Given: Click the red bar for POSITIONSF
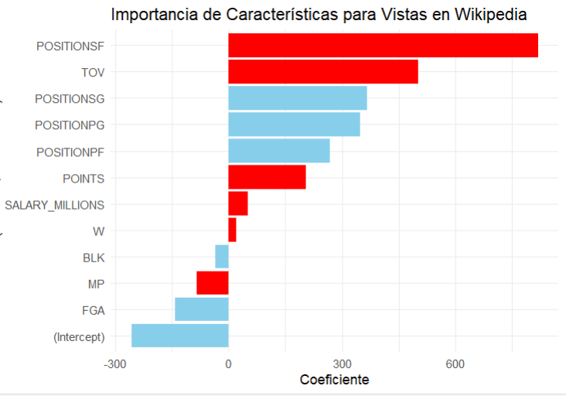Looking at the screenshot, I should [x=383, y=46].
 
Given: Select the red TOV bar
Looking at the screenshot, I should [x=323, y=72].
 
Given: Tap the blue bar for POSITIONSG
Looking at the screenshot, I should [x=298, y=98].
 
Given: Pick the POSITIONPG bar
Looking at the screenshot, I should [x=294, y=125].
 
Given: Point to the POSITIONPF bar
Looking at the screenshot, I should [x=279, y=151].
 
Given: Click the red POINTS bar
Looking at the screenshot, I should [x=267, y=177].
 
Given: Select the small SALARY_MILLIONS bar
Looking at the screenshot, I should [x=238, y=203].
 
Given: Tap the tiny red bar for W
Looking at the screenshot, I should [x=233, y=230].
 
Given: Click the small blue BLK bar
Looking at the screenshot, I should [x=222, y=257].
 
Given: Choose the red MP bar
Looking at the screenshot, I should [x=213, y=283].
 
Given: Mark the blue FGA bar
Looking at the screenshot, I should [x=202, y=309].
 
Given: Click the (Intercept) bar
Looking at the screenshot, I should [x=180, y=336].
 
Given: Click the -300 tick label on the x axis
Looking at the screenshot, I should [x=115, y=364].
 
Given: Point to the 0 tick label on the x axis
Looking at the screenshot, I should [x=229, y=364].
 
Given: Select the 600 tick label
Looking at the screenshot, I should [x=455, y=364].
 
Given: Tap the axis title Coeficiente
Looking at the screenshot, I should [x=334, y=380].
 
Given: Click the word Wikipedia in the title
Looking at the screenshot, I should [x=500, y=15].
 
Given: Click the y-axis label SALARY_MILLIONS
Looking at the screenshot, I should [x=54, y=204].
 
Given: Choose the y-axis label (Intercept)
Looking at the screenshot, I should [x=79, y=336].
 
